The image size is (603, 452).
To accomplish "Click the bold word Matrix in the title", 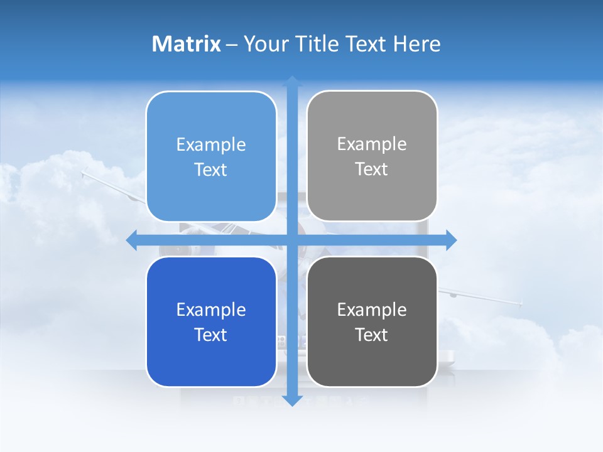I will (x=187, y=44).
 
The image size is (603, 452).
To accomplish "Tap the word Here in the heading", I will (x=417, y=44).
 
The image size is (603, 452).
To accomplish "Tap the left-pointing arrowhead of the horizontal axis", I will (x=132, y=240).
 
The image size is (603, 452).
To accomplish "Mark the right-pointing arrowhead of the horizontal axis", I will (x=451, y=240).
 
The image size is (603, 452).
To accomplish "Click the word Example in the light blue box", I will (x=211, y=144).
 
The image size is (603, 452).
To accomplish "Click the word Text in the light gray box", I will (x=372, y=169).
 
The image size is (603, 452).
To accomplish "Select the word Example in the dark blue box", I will (x=211, y=309).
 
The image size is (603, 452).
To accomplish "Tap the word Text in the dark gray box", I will (x=372, y=335).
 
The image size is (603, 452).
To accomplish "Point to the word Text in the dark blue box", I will (x=211, y=335).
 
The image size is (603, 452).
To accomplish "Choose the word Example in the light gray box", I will (x=372, y=144).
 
